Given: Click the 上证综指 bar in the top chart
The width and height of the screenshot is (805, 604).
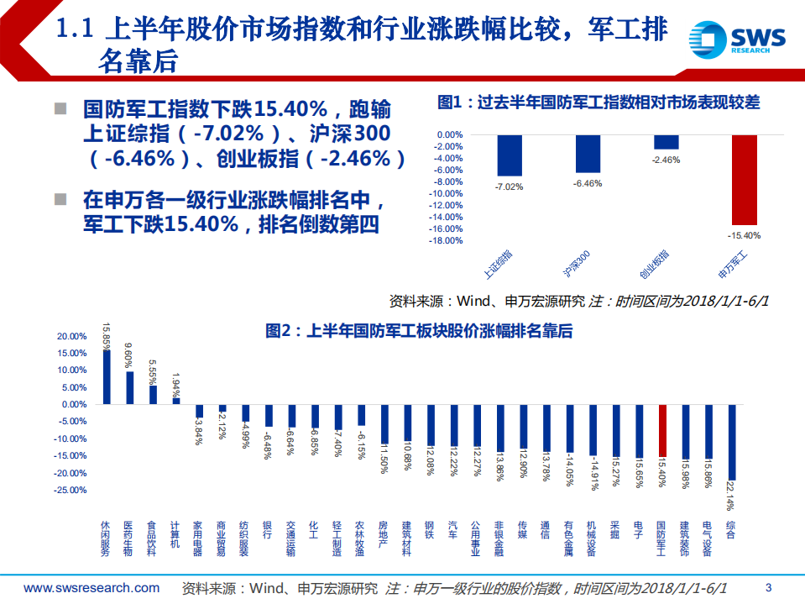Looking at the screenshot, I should click(x=510, y=155).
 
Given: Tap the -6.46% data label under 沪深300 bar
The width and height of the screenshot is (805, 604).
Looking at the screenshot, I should click(x=588, y=183).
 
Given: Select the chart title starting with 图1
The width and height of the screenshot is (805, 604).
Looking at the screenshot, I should click(x=599, y=102).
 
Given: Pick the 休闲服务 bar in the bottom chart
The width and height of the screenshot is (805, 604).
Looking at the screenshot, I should click(x=107, y=376).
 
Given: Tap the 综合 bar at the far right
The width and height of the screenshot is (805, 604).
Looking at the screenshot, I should click(x=732, y=442).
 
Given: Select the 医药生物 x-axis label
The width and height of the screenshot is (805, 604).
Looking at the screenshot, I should click(x=128, y=538).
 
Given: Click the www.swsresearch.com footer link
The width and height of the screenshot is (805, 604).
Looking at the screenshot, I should click(x=91, y=587).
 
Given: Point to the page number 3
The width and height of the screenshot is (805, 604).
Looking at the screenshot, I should click(x=769, y=587).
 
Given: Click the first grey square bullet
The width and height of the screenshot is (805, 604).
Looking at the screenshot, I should click(x=60, y=108).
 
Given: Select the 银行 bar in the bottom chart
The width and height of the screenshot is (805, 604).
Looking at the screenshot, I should click(x=269, y=415).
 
